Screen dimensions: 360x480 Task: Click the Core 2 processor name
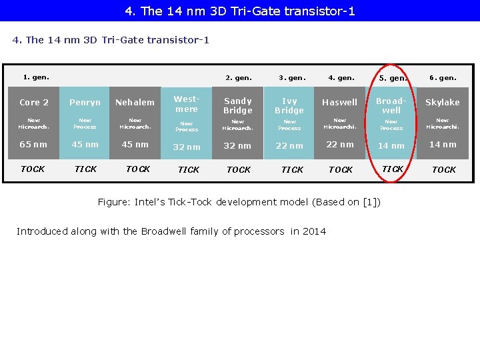click(x=34, y=103)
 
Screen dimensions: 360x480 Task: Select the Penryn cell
click(x=85, y=103)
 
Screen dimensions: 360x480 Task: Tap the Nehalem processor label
click(x=135, y=103)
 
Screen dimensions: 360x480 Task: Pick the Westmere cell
click(x=187, y=105)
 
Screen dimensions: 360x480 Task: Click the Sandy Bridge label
click(x=238, y=106)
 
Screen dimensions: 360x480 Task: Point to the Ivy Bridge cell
click(x=289, y=106)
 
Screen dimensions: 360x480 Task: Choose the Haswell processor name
click(x=340, y=103)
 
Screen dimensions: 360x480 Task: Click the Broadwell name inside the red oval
click(x=391, y=106)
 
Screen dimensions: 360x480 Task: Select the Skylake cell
click(x=443, y=103)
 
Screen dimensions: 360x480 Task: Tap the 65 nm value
click(x=33, y=145)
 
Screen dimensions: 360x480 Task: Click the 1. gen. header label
click(x=36, y=77)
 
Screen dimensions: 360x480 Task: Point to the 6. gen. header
click(x=443, y=78)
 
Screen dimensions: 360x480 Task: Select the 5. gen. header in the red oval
click(x=393, y=79)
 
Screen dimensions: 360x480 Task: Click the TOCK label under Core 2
click(x=33, y=169)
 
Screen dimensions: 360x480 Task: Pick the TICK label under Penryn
click(x=85, y=169)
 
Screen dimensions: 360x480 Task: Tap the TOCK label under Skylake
click(x=443, y=170)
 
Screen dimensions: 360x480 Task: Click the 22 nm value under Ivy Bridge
click(x=289, y=146)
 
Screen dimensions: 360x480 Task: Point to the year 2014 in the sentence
click(x=315, y=231)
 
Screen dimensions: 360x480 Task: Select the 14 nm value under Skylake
click(x=443, y=145)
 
